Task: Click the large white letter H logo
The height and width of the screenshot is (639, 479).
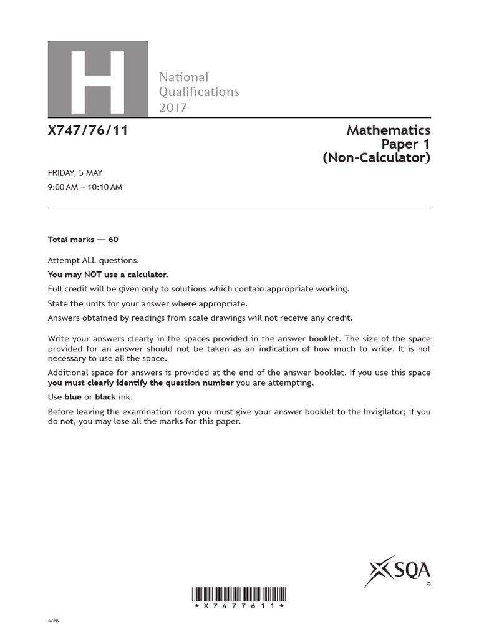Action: coord(98,79)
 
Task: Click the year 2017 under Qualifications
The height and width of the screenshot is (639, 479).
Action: coord(173,107)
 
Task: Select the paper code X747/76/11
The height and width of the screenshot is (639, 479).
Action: coord(88,131)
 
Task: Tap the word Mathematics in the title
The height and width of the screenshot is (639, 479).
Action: coord(389,130)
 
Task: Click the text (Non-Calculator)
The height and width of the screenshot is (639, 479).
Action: coord(376,158)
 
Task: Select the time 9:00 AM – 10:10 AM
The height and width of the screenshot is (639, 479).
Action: coord(85,187)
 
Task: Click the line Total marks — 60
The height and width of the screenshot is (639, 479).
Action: coord(83,240)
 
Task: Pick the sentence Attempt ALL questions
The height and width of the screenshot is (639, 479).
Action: coord(94,260)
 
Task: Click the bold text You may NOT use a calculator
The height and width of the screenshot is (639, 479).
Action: coord(108,275)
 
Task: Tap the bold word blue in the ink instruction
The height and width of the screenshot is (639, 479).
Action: coord(73,397)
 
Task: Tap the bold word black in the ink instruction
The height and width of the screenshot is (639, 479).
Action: coord(105,397)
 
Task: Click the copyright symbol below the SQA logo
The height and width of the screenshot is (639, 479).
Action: coord(428,585)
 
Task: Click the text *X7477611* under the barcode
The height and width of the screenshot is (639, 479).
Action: coord(239,606)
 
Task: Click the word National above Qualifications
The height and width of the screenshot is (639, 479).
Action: coord(183,77)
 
